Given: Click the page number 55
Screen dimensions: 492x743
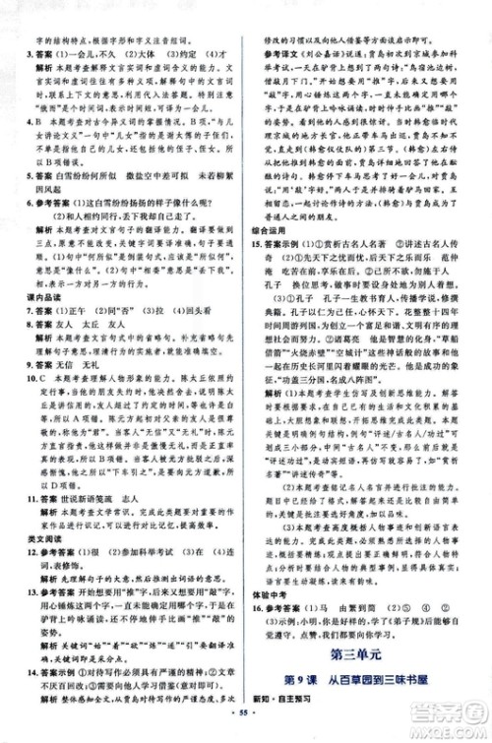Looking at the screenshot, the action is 245,733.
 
